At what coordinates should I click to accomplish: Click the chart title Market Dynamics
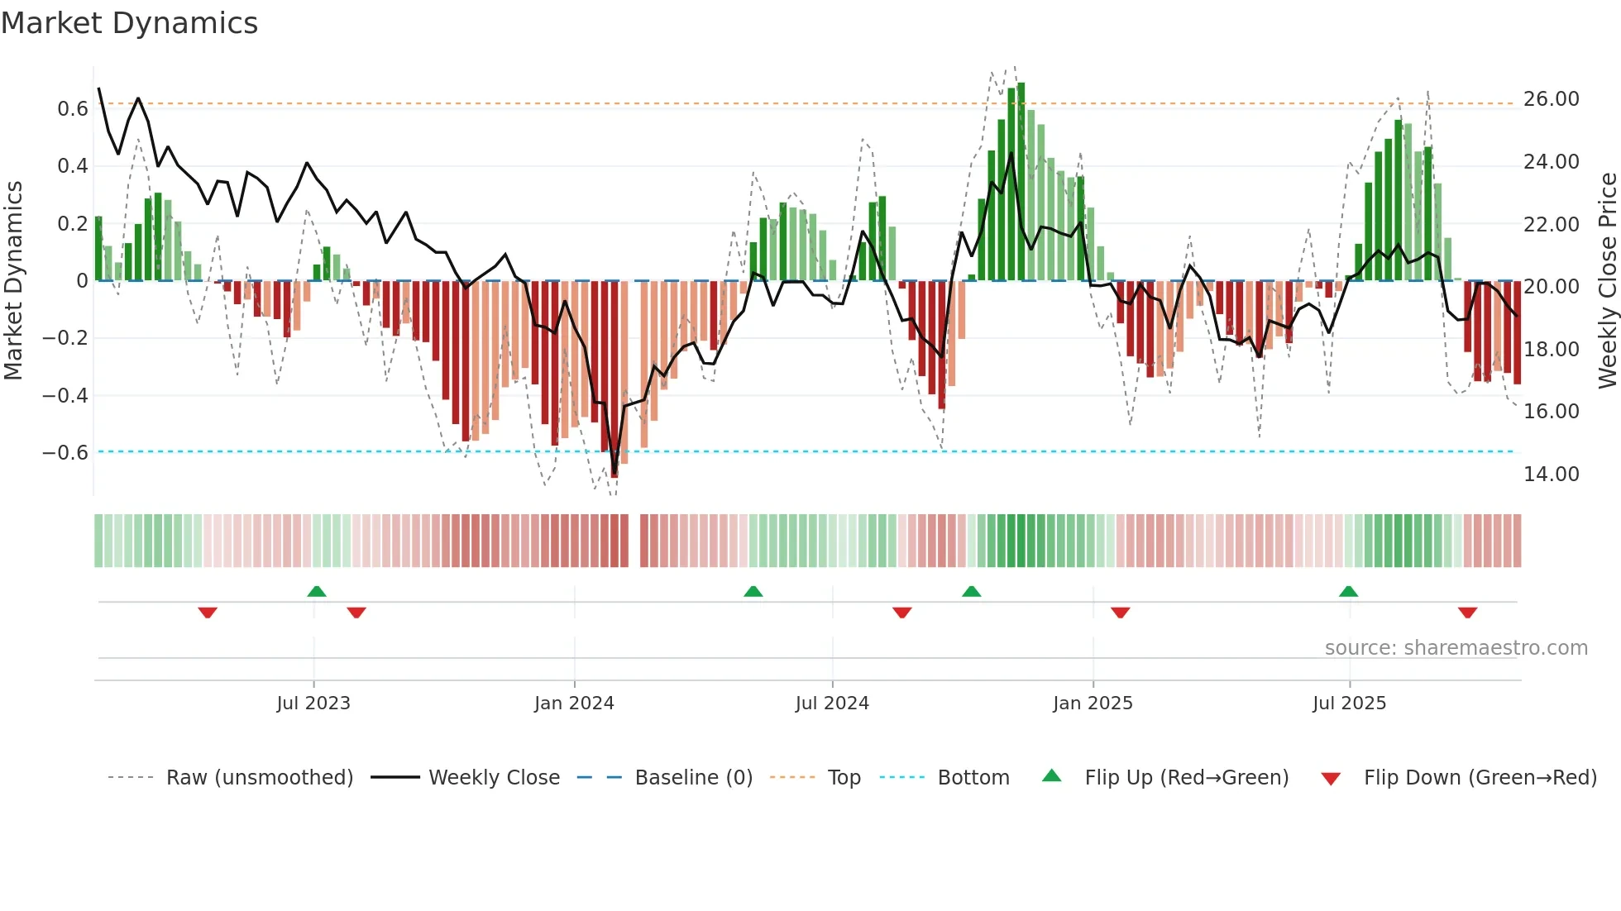point(130,23)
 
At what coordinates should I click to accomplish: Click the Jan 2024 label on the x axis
point(574,703)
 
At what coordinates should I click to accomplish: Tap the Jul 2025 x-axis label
point(1349,703)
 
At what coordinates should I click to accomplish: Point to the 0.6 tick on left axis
point(72,108)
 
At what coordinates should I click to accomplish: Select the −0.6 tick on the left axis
point(65,452)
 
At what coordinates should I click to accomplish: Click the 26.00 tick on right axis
point(1551,99)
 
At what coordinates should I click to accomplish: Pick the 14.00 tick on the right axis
point(1551,474)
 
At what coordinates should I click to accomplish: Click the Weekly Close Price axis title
point(1607,280)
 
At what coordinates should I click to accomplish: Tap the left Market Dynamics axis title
point(13,280)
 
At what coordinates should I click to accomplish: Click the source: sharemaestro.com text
point(1456,647)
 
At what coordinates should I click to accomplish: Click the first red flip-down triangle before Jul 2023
point(208,613)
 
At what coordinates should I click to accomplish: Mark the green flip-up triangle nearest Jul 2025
point(1348,591)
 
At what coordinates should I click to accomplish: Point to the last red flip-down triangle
point(1467,613)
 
